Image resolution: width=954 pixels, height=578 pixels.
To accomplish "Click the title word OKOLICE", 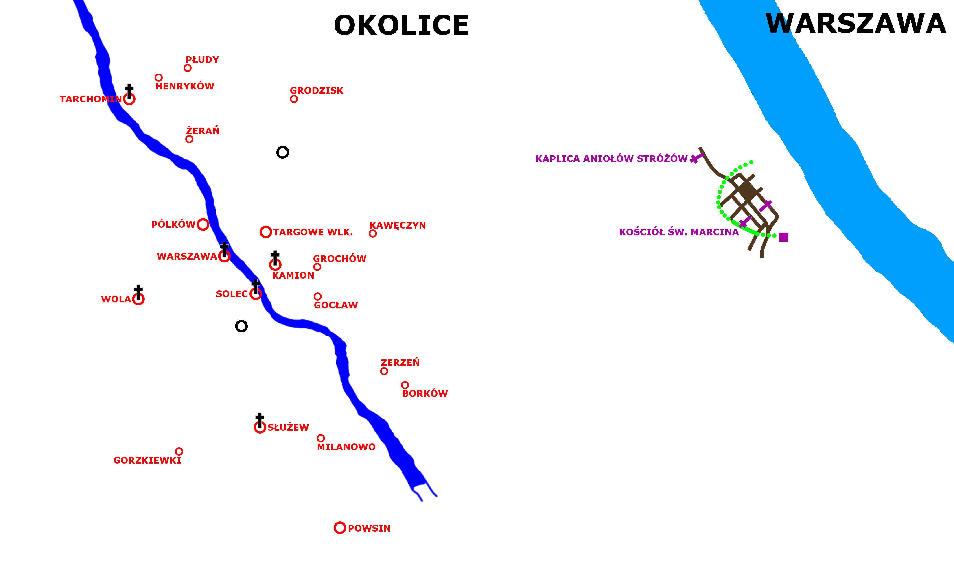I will point(401,26).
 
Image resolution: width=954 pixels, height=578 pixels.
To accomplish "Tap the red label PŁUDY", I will point(202,60).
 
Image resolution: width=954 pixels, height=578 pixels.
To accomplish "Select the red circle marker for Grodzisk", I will point(294,99).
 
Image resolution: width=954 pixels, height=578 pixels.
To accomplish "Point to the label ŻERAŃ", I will point(203,131).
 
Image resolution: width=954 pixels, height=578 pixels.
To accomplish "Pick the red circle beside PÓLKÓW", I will point(203,225).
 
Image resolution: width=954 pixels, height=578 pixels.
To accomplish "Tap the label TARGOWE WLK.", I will point(313,232).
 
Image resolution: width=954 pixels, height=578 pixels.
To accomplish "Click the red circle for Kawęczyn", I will point(373,233).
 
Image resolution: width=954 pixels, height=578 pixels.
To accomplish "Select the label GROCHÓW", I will point(339,259).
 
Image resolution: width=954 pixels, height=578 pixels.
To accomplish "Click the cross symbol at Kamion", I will point(275,257).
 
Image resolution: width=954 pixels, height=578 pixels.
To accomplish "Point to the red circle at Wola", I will point(138,299).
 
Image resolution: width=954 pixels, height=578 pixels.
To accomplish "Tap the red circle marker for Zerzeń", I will point(384,371).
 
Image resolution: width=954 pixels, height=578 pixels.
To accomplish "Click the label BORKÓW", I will point(425,394).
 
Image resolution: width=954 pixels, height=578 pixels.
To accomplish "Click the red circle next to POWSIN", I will point(339,528).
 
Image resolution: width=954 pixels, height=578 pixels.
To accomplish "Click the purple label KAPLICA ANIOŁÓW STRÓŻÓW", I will point(611,159).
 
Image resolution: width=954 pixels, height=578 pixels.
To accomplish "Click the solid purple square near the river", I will point(784,237).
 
